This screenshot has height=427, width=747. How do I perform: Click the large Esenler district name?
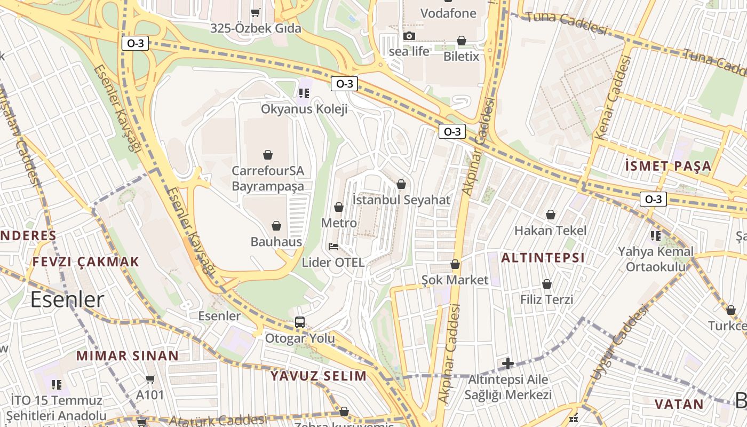(x=67, y=299)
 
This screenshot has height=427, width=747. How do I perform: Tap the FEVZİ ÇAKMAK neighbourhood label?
(x=85, y=262)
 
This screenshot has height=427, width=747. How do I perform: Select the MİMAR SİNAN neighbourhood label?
(x=128, y=355)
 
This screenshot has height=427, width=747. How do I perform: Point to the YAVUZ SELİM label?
(x=319, y=375)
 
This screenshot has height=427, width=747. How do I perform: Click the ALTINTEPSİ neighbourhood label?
(x=543, y=258)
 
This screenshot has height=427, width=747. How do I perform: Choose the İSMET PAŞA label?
(x=668, y=165)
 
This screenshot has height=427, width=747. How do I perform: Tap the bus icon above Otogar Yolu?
(x=300, y=322)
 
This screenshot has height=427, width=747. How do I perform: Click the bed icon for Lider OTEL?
(x=333, y=247)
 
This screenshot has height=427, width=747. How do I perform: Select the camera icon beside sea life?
(x=409, y=36)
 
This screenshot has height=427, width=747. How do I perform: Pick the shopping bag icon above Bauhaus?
(x=276, y=226)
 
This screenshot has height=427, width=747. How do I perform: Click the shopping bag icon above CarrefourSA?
(x=268, y=155)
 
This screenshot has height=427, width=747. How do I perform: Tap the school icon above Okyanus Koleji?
(x=304, y=93)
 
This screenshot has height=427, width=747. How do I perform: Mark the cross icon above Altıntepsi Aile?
(x=508, y=364)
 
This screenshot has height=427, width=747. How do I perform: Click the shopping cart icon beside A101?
(x=150, y=379)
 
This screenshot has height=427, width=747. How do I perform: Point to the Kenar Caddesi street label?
(x=613, y=99)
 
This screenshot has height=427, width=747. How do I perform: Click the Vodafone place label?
(x=448, y=13)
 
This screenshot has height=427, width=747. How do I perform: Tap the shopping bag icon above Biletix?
(x=462, y=41)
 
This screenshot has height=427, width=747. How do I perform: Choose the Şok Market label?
(x=455, y=280)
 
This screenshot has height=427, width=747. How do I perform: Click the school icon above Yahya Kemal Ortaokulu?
(x=656, y=235)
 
